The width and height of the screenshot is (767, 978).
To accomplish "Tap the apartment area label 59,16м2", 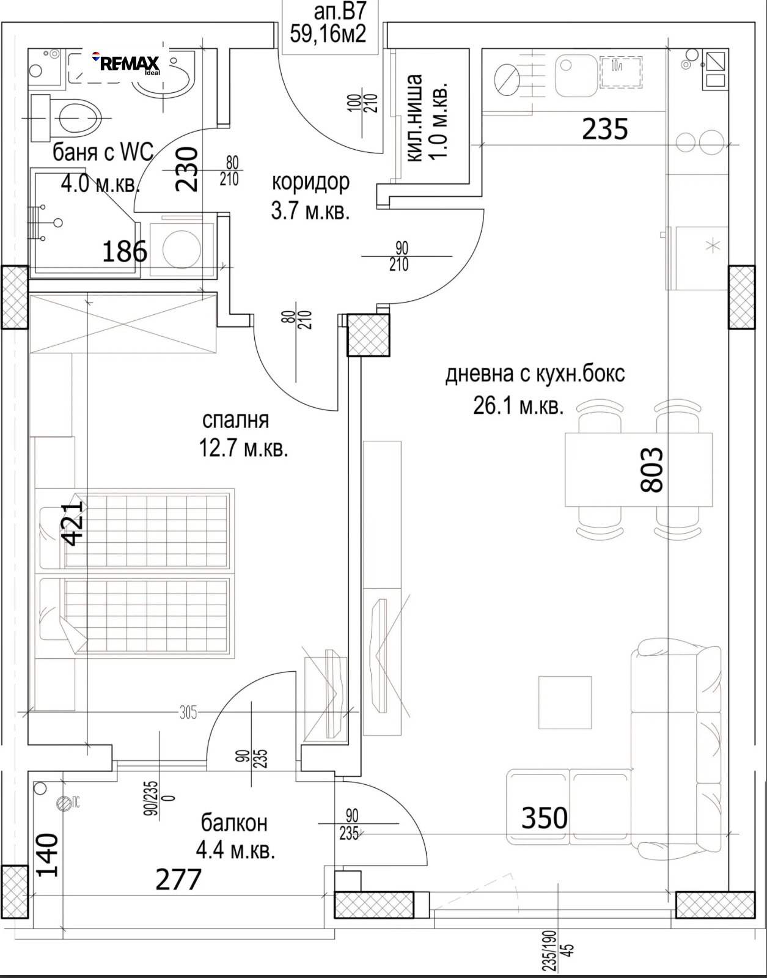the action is click(328, 34).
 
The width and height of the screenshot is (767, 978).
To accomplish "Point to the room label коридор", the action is click(311, 182).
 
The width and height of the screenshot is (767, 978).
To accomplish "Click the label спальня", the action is click(236, 420).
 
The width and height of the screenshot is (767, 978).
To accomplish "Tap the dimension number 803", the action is click(651, 469).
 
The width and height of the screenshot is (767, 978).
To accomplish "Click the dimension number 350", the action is click(545, 818).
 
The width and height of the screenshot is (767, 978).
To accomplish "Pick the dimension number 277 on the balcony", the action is click(178, 880).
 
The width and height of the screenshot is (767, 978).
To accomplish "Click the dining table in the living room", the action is click(639, 469).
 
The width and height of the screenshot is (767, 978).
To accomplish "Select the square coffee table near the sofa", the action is click(565, 702).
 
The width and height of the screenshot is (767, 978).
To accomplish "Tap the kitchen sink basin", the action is click(576, 76).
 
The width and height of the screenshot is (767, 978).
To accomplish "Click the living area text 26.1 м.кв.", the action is click(518, 406).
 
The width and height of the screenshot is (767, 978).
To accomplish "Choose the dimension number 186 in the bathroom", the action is click(125, 251).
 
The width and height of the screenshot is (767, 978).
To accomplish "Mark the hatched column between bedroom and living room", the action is click(369, 336).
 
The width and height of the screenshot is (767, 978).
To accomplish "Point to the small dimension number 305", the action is click(188, 713).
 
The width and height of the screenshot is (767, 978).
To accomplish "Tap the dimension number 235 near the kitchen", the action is click(605, 129).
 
